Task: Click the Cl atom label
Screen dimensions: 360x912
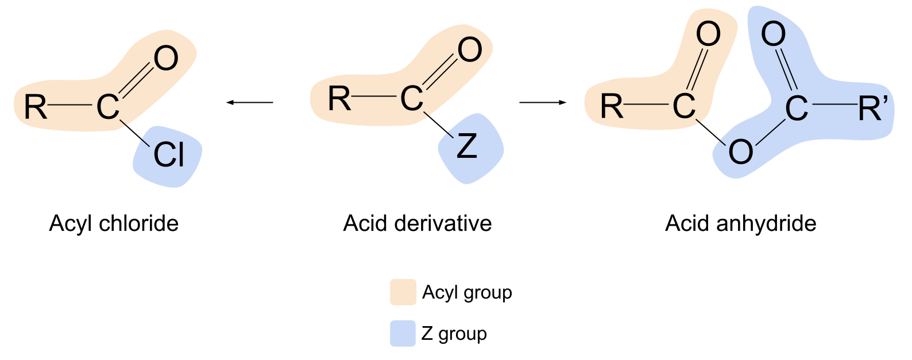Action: [x=168, y=156]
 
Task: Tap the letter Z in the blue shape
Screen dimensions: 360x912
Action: [x=466, y=149]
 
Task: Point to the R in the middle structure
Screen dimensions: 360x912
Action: [x=339, y=99]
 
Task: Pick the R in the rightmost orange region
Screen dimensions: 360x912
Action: [x=612, y=107]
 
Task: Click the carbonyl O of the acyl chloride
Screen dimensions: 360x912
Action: [x=165, y=59]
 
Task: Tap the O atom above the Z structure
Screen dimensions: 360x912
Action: [x=469, y=51]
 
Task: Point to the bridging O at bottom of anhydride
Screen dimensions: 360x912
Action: [x=740, y=152]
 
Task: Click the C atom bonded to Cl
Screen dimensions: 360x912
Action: [x=107, y=107]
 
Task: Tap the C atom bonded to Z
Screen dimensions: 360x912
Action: [x=411, y=99]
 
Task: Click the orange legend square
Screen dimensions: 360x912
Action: [x=403, y=292]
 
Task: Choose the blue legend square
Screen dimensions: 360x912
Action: [x=403, y=333]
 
